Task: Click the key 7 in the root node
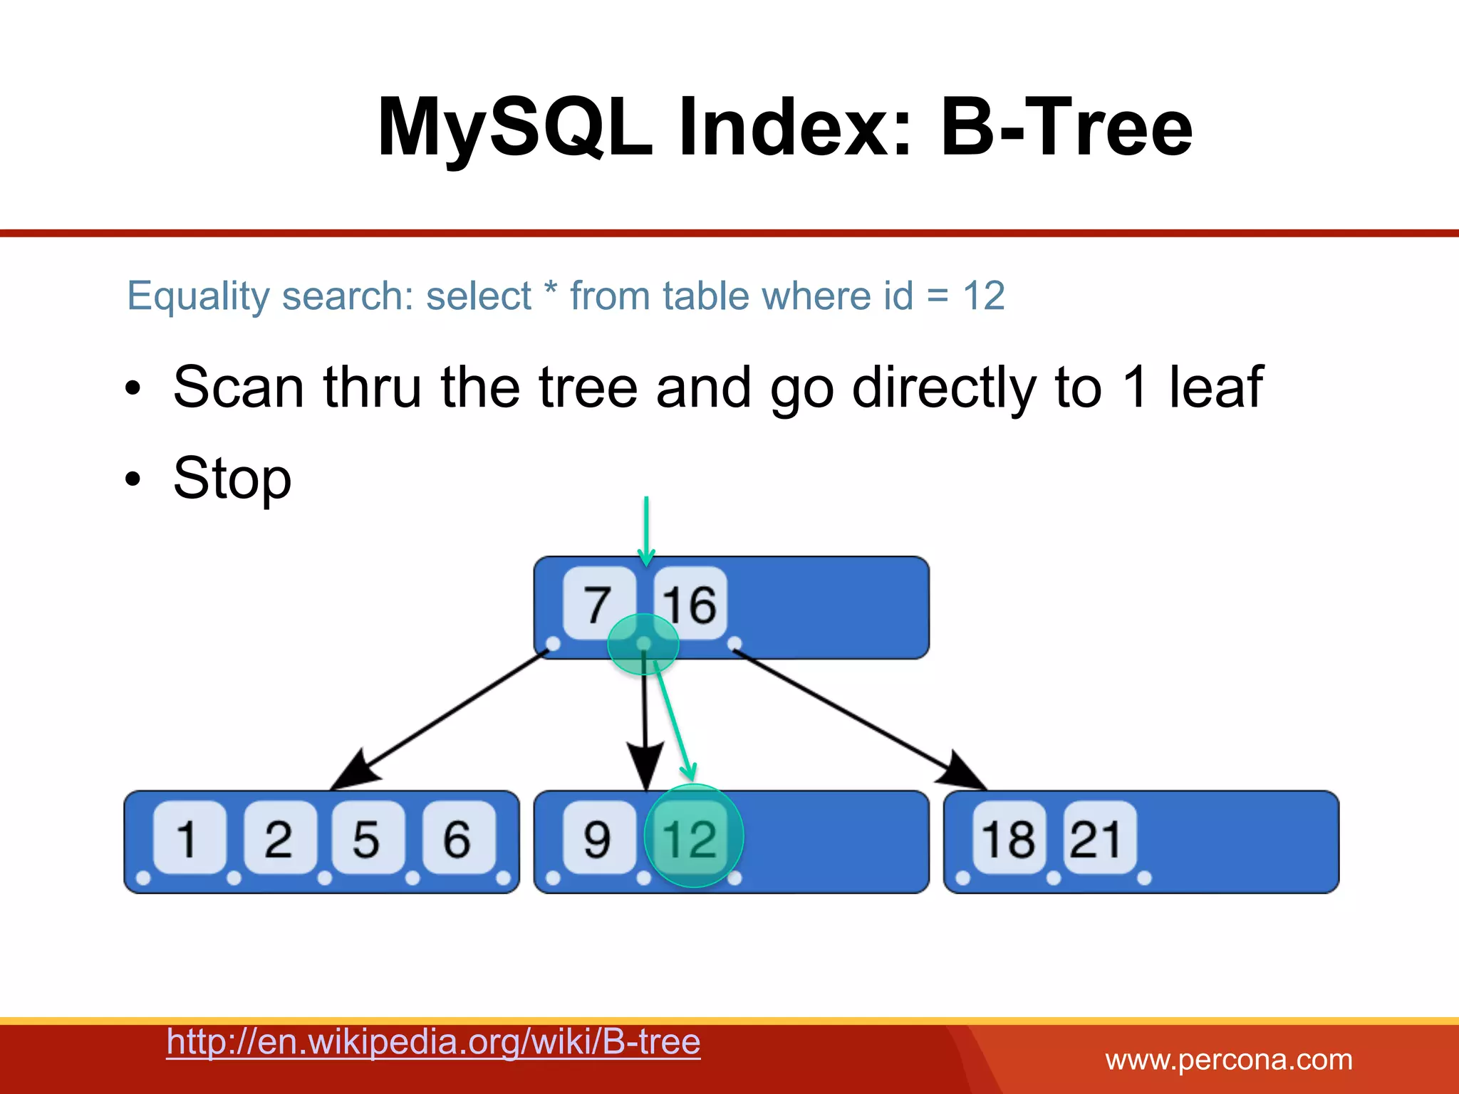coord(598,604)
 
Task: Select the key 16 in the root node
coord(690,604)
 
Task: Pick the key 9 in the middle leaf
coord(598,838)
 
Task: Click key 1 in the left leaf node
coord(188,838)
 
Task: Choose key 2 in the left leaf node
coord(279,838)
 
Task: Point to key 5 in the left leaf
coord(367,838)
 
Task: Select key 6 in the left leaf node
coord(457,838)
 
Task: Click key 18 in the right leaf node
coord(1008,838)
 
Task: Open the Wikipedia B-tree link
coord(433,1042)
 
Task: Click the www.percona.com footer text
coord(1228,1060)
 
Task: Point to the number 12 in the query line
coord(983,296)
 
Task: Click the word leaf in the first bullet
coord(1215,387)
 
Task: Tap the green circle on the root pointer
coord(643,643)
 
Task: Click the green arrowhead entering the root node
coord(646,556)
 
